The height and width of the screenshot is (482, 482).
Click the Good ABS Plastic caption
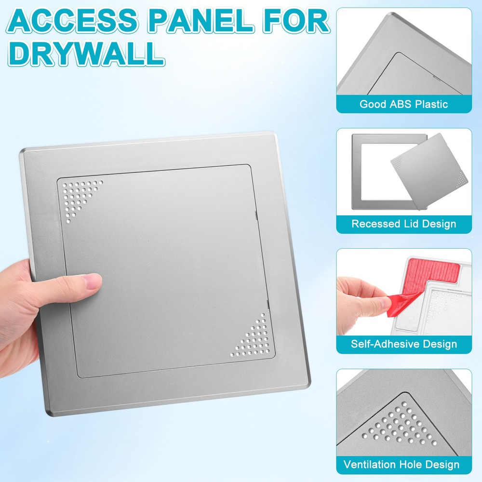pyautogui.click(x=403, y=104)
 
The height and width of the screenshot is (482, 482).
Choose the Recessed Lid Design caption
pyautogui.click(x=403, y=224)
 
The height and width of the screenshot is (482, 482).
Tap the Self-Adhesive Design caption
pyautogui.click(x=403, y=344)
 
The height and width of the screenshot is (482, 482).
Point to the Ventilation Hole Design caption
pyautogui.click(x=401, y=465)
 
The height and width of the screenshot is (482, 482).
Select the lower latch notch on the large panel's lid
pyautogui.click(x=267, y=304)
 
